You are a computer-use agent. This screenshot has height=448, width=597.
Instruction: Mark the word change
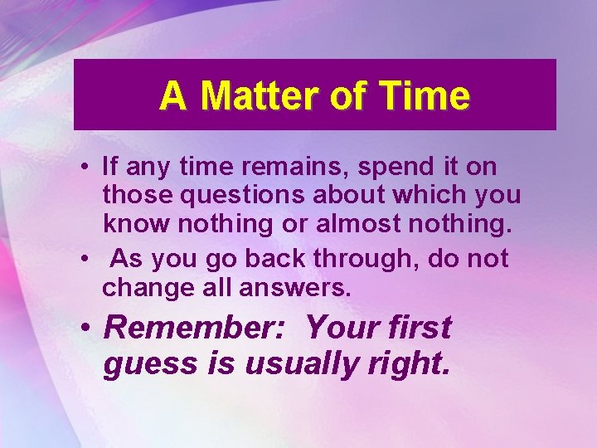144,289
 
